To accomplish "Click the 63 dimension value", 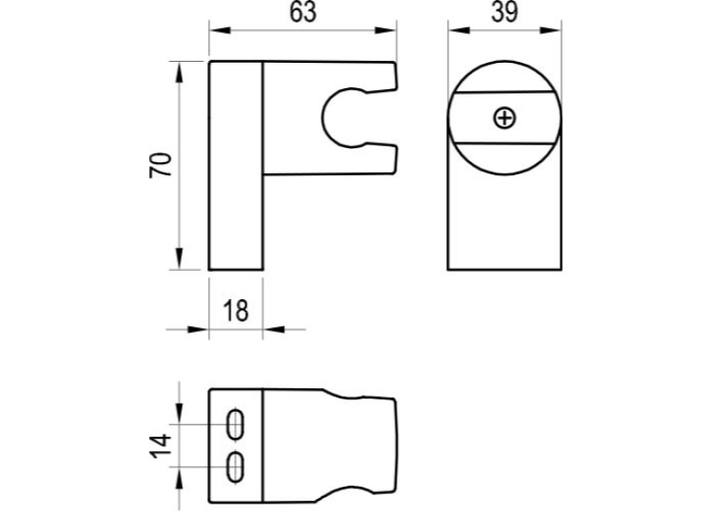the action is point(303,12).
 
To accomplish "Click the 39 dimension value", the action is point(505,12).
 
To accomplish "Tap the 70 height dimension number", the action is point(161,165).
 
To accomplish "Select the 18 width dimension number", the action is point(236,310).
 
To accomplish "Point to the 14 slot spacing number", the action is point(161,446).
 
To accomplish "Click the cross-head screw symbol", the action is point(505,118).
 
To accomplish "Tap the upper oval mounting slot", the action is point(235,424).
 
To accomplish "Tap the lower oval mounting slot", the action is point(235,467).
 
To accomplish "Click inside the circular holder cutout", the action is point(347,117).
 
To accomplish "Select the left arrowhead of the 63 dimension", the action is point(220,30).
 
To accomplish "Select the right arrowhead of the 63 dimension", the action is point(385,30).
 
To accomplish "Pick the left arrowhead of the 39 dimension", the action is point(458,30).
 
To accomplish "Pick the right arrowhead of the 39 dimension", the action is point(550,30).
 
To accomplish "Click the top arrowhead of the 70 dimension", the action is point(179,72).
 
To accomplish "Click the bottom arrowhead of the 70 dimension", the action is point(179,259).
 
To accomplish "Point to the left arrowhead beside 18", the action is point(198,329).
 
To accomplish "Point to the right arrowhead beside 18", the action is point(274,329).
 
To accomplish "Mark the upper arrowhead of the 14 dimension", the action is point(179,413).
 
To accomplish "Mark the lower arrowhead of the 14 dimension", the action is point(179,478).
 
